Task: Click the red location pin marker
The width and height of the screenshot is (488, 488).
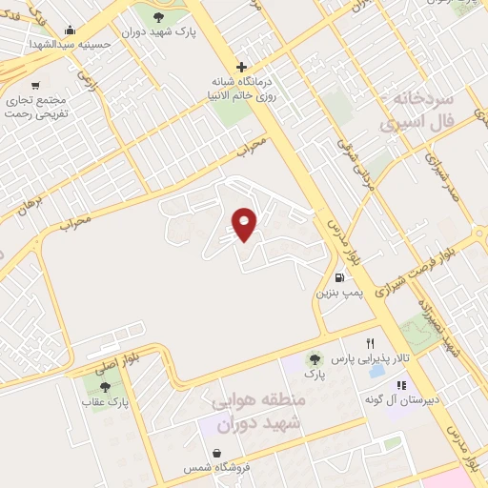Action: (x=245, y=224)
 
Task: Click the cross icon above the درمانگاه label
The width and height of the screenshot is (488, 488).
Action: (x=242, y=67)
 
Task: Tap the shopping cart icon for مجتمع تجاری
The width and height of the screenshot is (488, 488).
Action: (x=36, y=86)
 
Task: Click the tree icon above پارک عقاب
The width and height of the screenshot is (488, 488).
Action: (x=105, y=387)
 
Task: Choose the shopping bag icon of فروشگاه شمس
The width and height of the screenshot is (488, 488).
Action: (x=218, y=453)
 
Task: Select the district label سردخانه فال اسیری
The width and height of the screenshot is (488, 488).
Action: (x=419, y=112)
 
